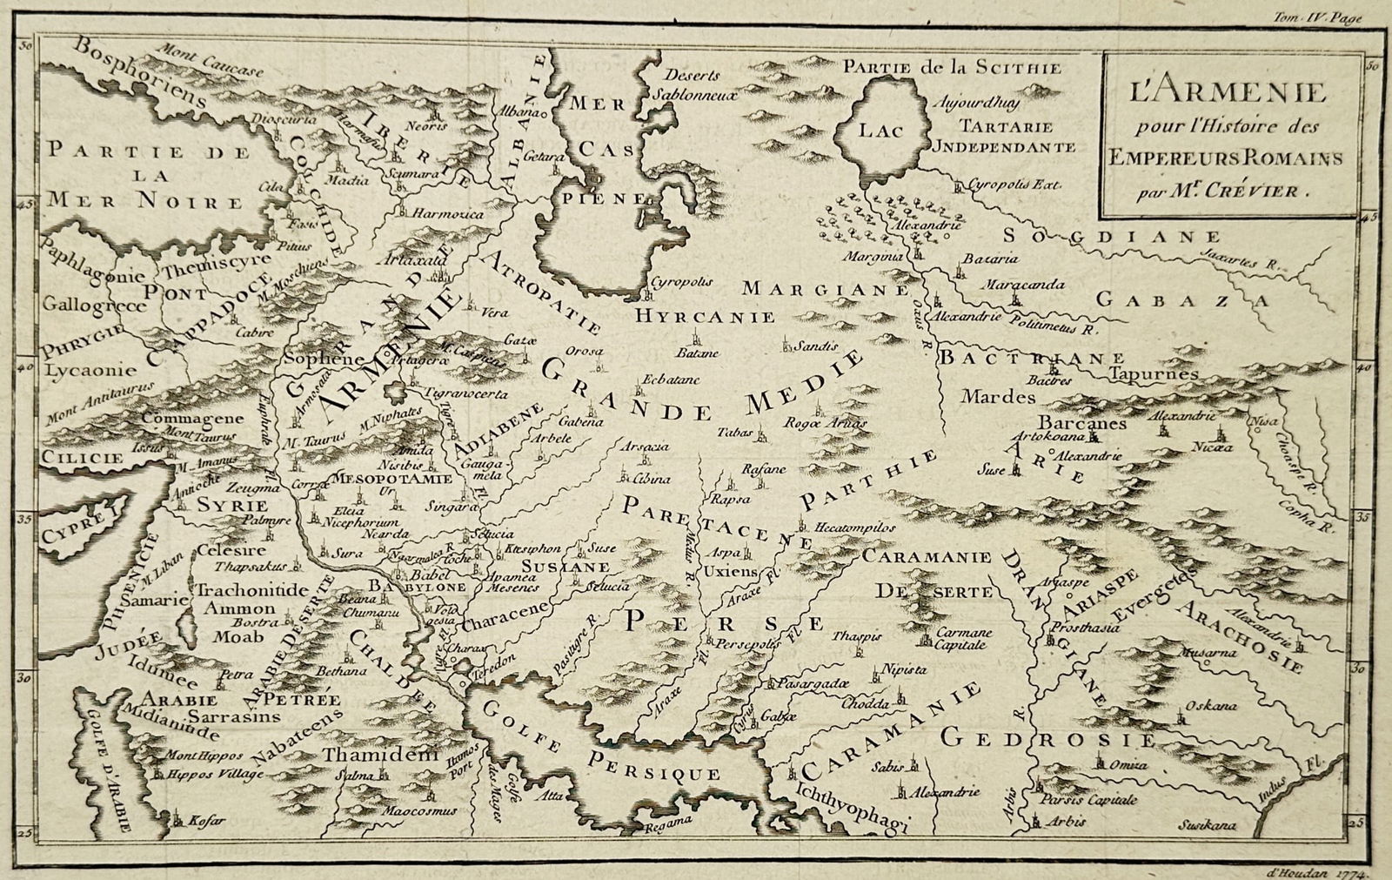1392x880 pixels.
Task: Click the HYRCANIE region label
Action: coord(705,316)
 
